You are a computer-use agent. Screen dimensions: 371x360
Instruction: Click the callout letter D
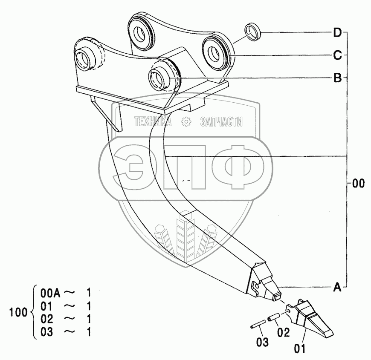pyautogui.click(x=338, y=33)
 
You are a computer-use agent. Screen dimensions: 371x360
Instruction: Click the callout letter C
pyautogui.click(x=338, y=55)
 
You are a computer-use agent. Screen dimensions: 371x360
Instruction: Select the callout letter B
pyautogui.click(x=338, y=78)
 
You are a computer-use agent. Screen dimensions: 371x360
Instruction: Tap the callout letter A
pyautogui.click(x=337, y=287)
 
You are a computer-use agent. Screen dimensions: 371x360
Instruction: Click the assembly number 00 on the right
pyautogui.click(x=359, y=184)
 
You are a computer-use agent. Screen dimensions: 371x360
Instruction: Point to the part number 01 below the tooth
pyautogui.click(x=299, y=348)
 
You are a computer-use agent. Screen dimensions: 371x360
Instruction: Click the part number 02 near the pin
pyautogui.click(x=284, y=333)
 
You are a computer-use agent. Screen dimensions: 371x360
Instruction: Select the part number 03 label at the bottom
pyautogui.click(x=262, y=342)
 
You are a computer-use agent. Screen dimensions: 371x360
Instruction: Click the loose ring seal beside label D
pyautogui.click(x=252, y=32)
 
